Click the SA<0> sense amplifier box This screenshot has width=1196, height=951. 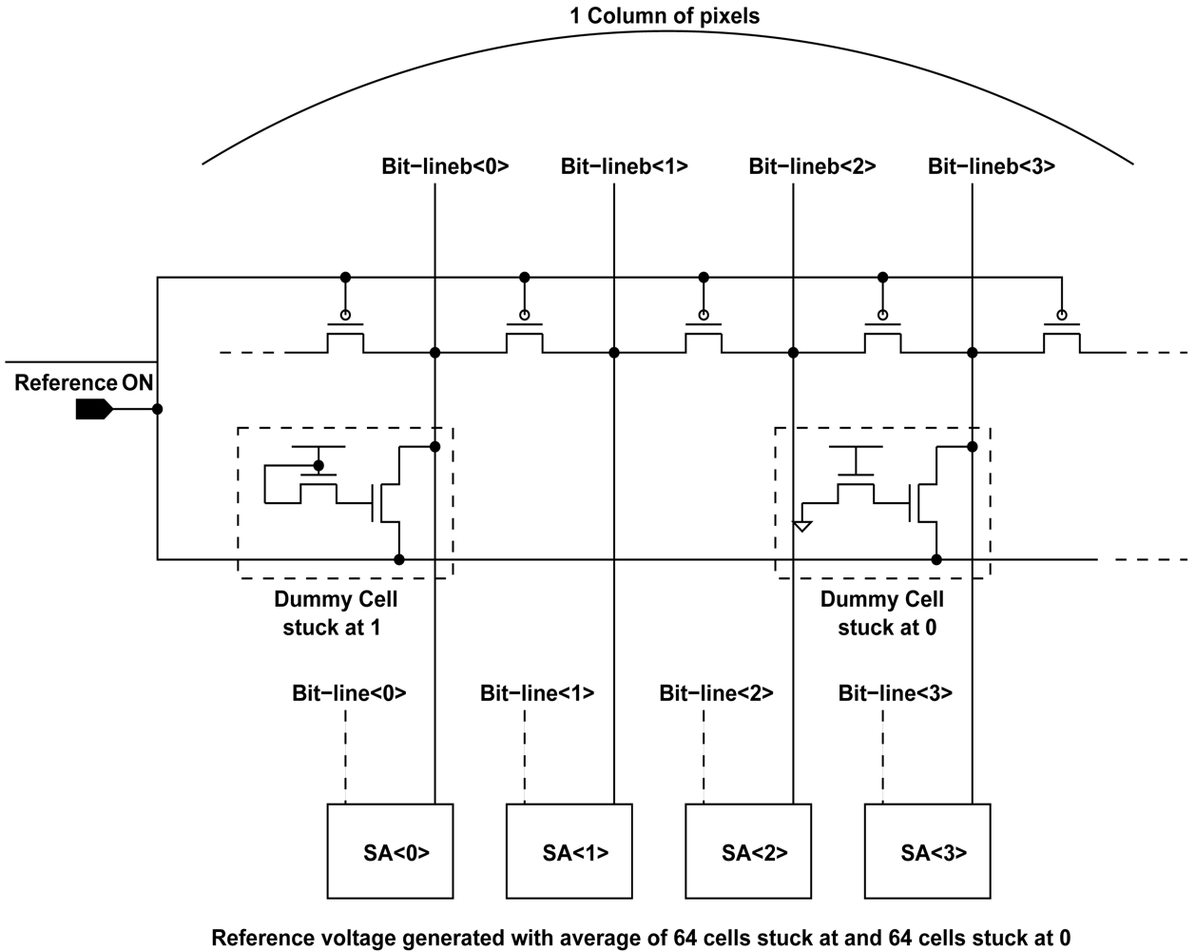[x=390, y=851]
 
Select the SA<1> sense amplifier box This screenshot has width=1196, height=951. [x=569, y=851]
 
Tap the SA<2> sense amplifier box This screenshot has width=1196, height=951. [x=748, y=851]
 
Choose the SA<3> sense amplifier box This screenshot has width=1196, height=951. [x=927, y=851]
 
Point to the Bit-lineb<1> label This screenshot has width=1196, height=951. [x=624, y=166]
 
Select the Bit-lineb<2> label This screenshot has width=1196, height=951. [x=812, y=166]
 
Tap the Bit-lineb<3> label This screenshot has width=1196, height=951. [x=991, y=166]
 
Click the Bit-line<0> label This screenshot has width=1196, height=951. [x=349, y=693]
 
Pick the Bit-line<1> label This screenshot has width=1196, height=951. [x=537, y=693]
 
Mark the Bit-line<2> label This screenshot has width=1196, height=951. [x=716, y=693]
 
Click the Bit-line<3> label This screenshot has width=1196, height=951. [x=895, y=693]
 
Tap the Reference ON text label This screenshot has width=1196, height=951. [x=84, y=383]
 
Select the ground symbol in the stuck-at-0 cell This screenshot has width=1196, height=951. [x=802, y=525]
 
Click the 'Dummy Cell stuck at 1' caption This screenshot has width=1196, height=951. [x=336, y=613]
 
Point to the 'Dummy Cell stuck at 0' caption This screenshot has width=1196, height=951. [x=881, y=613]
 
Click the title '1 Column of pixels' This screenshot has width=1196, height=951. [x=665, y=16]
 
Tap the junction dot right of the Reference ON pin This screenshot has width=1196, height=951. [x=158, y=409]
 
